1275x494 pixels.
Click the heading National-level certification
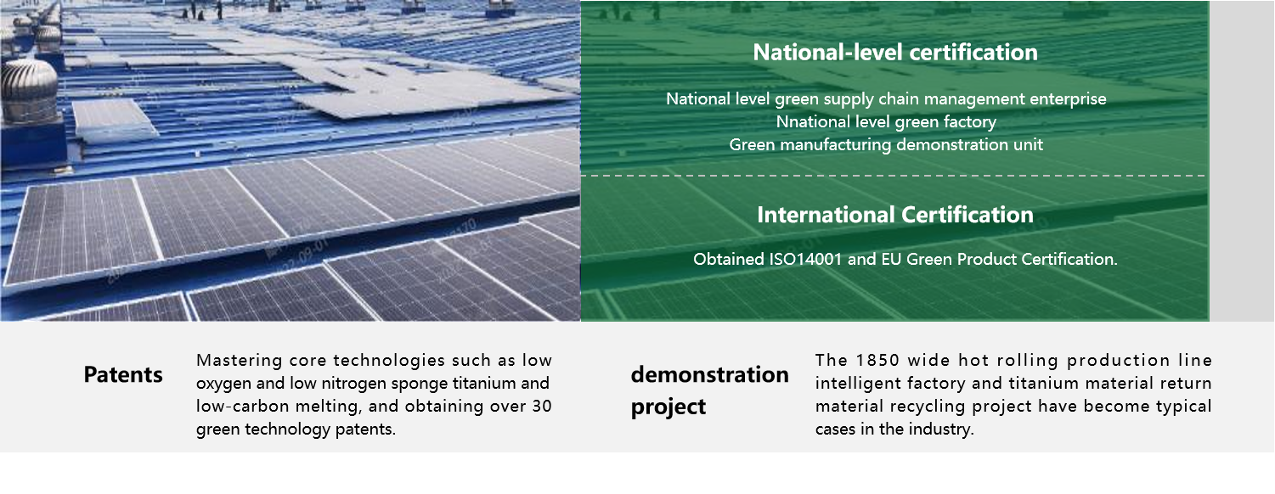click(x=894, y=53)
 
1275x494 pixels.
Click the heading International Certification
click(x=894, y=215)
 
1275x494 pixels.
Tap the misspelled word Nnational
click(x=811, y=121)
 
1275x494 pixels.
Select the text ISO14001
click(x=805, y=259)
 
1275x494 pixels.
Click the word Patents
click(x=123, y=375)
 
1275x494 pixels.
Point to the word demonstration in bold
click(x=710, y=374)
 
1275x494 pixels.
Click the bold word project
click(x=669, y=407)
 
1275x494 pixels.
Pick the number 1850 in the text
click(x=877, y=360)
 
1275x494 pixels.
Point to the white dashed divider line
click(x=893, y=176)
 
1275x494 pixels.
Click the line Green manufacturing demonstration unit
click(x=886, y=145)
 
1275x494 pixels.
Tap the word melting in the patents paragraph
click(x=329, y=406)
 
